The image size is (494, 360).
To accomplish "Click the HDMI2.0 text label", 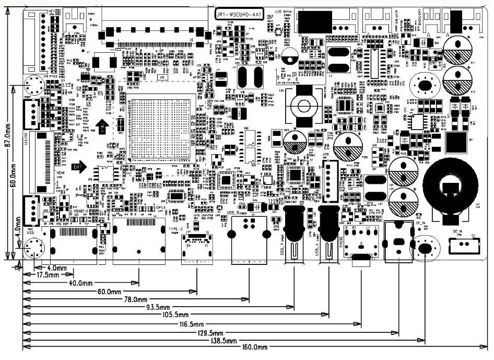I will coord(83,211).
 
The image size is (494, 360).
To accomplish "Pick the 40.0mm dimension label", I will coord(81,283).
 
